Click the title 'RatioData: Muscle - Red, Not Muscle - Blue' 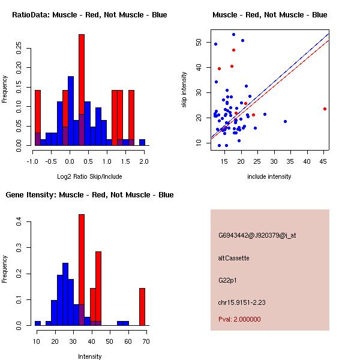tap(89, 15)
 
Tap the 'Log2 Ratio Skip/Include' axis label tap(89, 176)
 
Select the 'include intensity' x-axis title tap(269, 176)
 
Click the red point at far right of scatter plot tap(325, 109)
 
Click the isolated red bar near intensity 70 tap(142, 306)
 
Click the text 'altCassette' tap(234, 258)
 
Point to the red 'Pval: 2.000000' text tap(239, 319)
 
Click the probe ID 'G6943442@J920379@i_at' tap(257, 235)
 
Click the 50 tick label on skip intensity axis tap(199, 42)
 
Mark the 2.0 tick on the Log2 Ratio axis tap(144, 161)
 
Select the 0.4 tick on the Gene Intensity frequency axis tap(19, 222)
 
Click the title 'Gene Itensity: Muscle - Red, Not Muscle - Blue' tap(89, 195)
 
